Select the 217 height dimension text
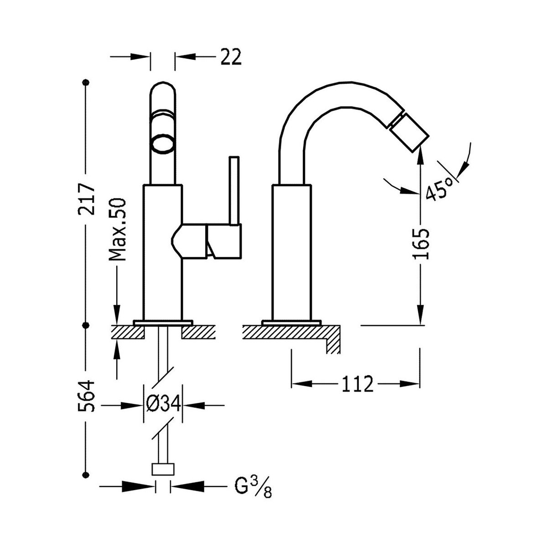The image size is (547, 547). click(x=87, y=200)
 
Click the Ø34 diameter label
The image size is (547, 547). click(x=163, y=404)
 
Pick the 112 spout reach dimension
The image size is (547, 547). click(x=356, y=384)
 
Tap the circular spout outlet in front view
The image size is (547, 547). click(x=163, y=143)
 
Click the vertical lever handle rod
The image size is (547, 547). click(x=235, y=191)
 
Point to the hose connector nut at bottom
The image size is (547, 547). click(x=163, y=469)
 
